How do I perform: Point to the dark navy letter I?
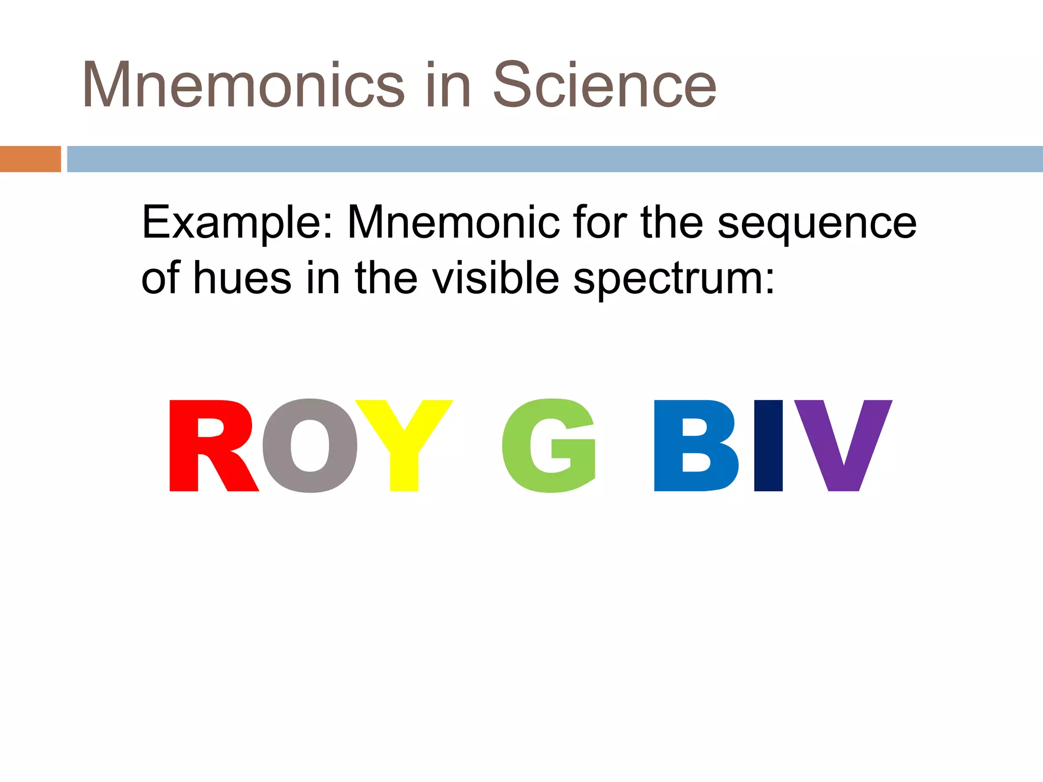pos(768,445)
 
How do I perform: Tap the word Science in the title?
pos(605,85)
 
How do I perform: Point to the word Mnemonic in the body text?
pos(453,222)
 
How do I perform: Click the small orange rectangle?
pos(30,159)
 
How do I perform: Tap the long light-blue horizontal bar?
pos(555,159)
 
